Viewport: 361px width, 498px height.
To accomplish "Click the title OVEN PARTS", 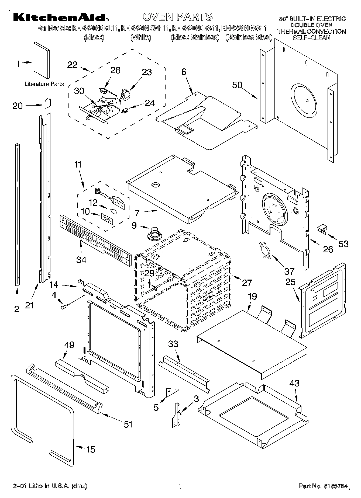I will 178,17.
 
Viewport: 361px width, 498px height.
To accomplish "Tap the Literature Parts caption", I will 44,84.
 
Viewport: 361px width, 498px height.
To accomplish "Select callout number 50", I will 237,85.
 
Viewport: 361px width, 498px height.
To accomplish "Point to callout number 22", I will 72,65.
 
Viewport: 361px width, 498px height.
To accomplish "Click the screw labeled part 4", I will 65,306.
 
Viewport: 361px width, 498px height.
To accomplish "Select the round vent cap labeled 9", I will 154,233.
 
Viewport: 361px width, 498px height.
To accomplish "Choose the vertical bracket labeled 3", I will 177,415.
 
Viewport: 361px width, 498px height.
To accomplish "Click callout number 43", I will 294,383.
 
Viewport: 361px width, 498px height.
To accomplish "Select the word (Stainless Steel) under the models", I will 249,37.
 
